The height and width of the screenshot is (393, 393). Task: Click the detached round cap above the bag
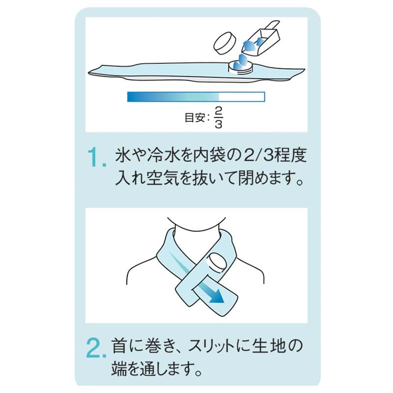(225, 43)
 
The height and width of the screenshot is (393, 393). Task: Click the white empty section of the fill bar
(242, 97)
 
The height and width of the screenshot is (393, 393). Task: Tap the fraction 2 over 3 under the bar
(218, 117)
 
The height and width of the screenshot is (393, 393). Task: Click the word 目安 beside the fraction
(195, 117)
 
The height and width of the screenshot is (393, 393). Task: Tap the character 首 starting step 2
(119, 346)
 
